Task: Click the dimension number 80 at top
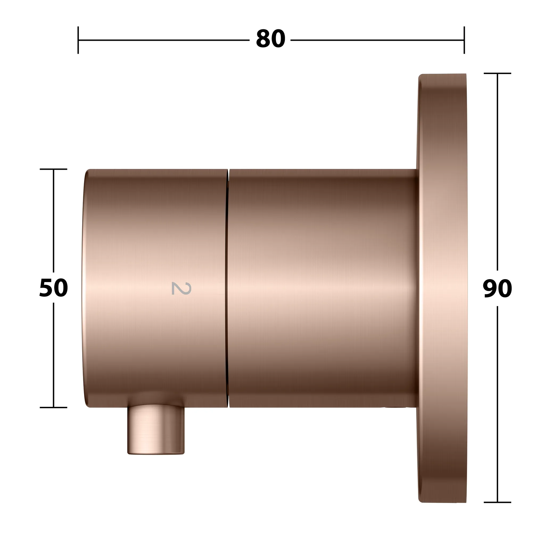coord(270,39)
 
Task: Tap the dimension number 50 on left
coord(53,288)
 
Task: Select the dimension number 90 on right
coord(497,288)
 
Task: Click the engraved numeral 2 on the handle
coord(181,288)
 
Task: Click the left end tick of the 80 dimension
coord(78,40)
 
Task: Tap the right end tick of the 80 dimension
coord(464,40)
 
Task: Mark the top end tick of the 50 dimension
coord(53,169)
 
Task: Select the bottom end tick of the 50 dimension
coord(53,407)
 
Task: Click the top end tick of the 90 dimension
coord(497,73)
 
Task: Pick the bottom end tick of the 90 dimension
coord(497,502)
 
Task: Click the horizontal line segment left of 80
coord(164,40)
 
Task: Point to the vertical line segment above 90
coord(497,169)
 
